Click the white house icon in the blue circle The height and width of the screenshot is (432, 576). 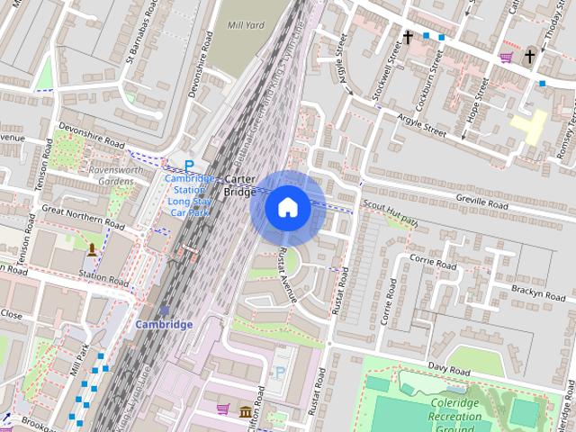[x=287, y=208]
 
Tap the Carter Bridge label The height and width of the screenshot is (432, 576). [x=241, y=184]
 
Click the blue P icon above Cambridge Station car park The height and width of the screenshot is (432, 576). [x=189, y=165]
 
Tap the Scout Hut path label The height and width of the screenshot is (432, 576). [x=391, y=211]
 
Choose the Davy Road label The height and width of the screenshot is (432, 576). [x=449, y=368]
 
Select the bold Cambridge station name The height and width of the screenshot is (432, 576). [x=165, y=324]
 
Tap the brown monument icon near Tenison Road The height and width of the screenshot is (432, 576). [x=91, y=248]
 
